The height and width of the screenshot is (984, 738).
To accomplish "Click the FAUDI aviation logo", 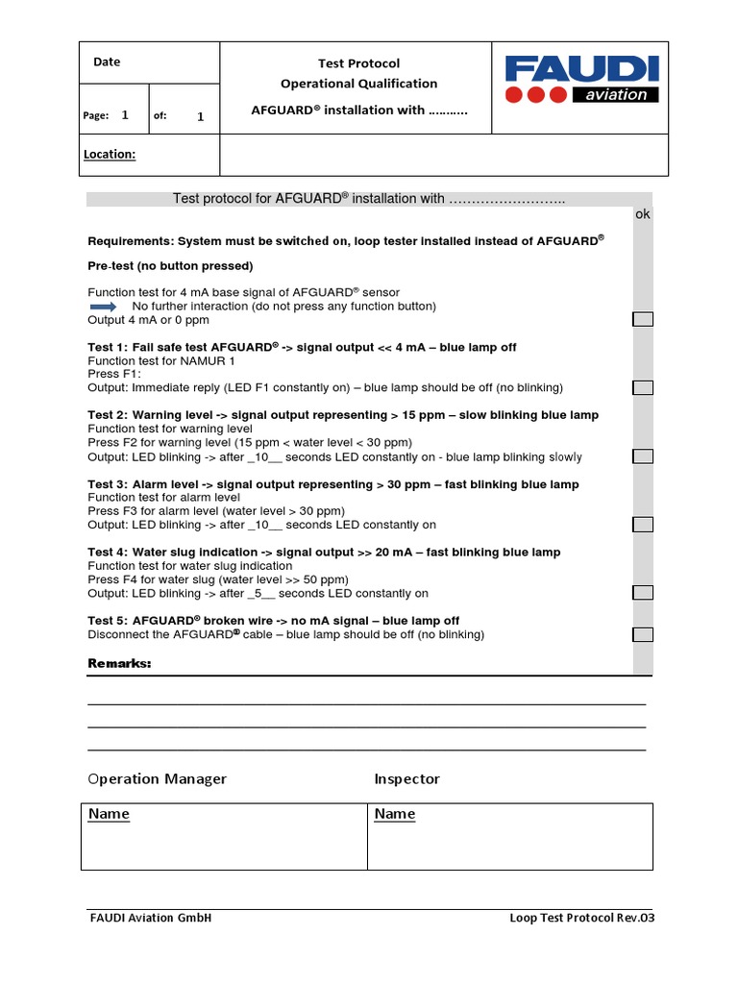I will tap(581, 79).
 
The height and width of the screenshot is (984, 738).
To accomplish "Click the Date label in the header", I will tap(107, 61).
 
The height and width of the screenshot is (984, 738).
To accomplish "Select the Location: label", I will tap(109, 154).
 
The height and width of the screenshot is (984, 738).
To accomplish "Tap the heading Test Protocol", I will tap(358, 63).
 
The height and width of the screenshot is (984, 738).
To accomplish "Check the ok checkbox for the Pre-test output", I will tap(642, 319).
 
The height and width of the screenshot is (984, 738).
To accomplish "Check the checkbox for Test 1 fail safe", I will tap(642, 387).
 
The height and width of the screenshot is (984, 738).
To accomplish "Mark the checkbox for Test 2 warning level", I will tap(642, 456).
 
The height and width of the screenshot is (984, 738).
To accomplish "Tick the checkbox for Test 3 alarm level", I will tap(642, 525).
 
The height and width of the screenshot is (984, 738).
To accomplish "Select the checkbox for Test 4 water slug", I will tap(642, 593).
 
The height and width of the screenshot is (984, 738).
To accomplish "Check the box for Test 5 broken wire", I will tap(642, 634).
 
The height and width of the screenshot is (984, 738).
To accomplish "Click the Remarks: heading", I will tap(119, 664).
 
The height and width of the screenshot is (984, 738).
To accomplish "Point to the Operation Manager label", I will tap(157, 778).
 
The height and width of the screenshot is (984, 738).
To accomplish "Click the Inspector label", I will tap(406, 778).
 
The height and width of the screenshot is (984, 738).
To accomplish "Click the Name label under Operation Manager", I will tap(109, 814).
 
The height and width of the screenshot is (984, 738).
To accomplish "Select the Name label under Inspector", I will tap(395, 814).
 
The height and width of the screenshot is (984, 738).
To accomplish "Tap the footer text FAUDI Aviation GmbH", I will tap(150, 918).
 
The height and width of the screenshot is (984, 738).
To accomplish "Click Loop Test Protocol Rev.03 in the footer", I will tap(581, 918).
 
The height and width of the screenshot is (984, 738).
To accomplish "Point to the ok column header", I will tap(642, 214).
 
